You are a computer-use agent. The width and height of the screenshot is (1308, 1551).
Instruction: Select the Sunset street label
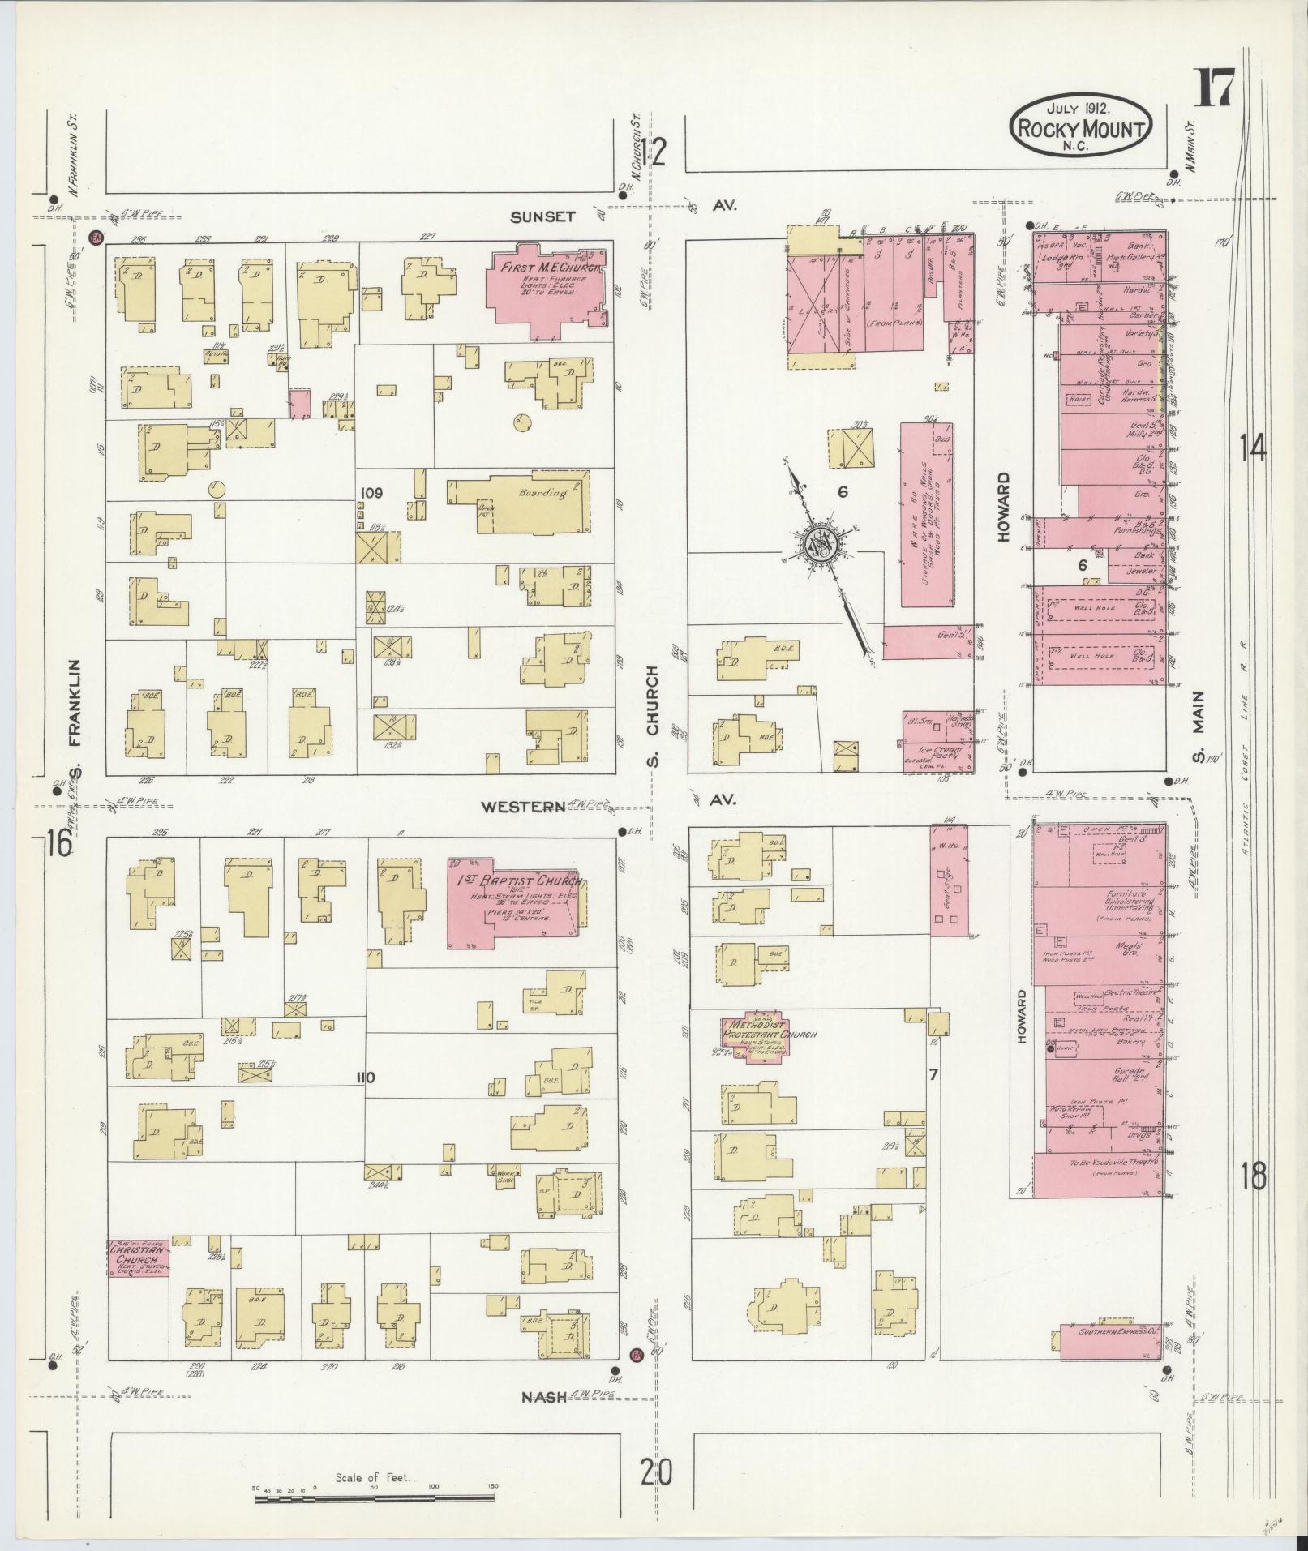click(x=543, y=216)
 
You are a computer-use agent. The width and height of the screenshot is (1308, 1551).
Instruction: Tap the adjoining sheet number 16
click(x=59, y=844)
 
